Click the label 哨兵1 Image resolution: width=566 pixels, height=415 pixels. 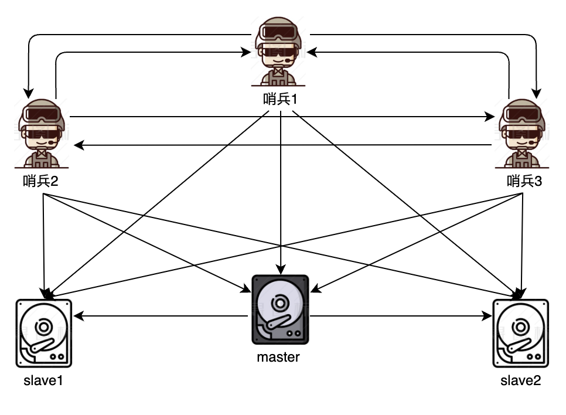pyautogui.click(x=281, y=98)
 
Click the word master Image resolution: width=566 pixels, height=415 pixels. pyautogui.click(x=278, y=357)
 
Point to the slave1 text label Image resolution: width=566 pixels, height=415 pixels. pyautogui.click(x=43, y=381)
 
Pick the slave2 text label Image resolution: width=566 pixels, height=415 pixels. pyautogui.click(x=521, y=381)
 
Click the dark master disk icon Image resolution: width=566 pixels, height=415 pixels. pyautogui.click(x=280, y=309)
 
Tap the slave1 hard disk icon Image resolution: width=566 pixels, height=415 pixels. pyautogui.click(x=43, y=332)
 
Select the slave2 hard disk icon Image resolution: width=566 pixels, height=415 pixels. pyautogui.click(x=520, y=332)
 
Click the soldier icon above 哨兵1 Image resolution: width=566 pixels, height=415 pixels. pyautogui.click(x=280, y=52)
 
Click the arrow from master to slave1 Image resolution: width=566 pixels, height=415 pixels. pyautogui.click(x=161, y=317)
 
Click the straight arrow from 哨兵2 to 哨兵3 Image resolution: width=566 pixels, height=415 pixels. pyautogui.click(x=281, y=117)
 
